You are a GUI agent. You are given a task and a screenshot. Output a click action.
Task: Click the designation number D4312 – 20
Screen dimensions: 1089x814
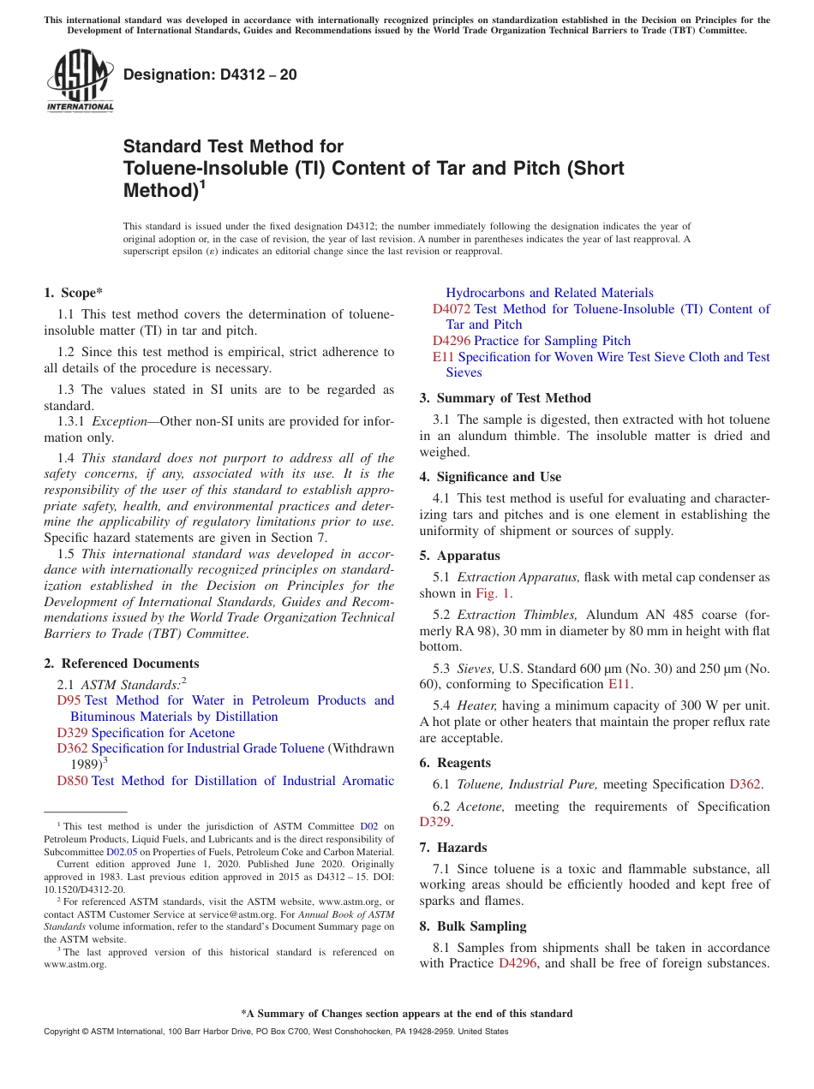pos(210,74)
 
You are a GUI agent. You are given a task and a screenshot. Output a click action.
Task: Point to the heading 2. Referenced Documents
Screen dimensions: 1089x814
pos(121,664)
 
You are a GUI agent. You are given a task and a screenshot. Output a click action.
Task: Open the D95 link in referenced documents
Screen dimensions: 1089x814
pos(69,700)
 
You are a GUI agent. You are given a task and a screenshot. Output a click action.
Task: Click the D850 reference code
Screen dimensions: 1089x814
pos(72,781)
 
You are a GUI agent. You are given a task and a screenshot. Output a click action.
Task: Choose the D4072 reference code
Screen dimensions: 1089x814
pos(451,309)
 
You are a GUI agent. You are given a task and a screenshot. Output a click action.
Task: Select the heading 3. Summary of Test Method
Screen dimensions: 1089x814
pos(505,398)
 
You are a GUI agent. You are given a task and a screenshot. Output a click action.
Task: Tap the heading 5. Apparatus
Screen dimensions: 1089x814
pos(459,556)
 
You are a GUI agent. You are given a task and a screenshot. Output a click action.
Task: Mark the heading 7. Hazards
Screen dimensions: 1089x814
pos(452,848)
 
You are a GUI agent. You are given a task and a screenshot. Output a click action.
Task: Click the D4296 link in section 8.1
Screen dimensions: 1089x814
pos(517,964)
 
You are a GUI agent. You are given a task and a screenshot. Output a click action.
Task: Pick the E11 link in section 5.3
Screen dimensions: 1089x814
pos(619,684)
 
